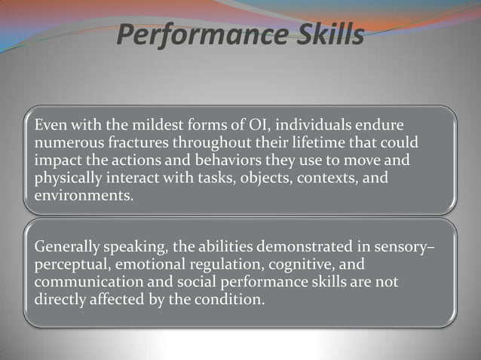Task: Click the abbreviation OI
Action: pyautogui.click(x=252, y=124)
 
